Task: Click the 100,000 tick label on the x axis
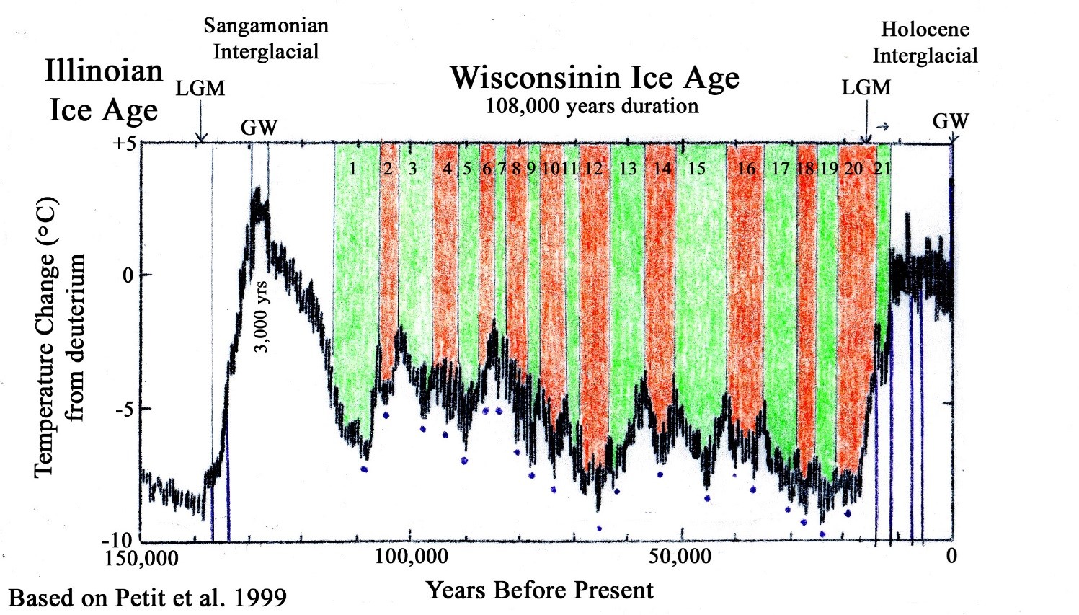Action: pyautogui.click(x=410, y=557)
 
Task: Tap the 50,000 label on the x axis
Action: pyautogui.click(x=680, y=557)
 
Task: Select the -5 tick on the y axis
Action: pyautogui.click(x=125, y=409)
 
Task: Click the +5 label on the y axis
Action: pyautogui.click(x=123, y=143)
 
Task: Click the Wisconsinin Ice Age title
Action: pyautogui.click(x=595, y=78)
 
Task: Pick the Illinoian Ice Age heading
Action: pyautogui.click(x=104, y=91)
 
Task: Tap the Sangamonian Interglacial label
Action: pyautogui.click(x=266, y=39)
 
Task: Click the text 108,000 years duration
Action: pyautogui.click(x=592, y=107)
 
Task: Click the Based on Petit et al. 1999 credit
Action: pyautogui.click(x=147, y=598)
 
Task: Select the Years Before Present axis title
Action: pyautogui.click(x=540, y=590)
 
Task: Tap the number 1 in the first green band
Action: pyautogui.click(x=352, y=169)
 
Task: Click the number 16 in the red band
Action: pyautogui.click(x=746, y=169)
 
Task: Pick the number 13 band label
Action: pyautogui.click(x=628, y=169)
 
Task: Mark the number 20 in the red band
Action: pyautogui.click(x=853, y=169)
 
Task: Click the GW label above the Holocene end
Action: pyautogui.click(x=951, y=121)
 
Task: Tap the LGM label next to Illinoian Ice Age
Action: pyautogui.click(x=200, y=89)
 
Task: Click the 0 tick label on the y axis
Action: pyautogui.click(x=128, y=275)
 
